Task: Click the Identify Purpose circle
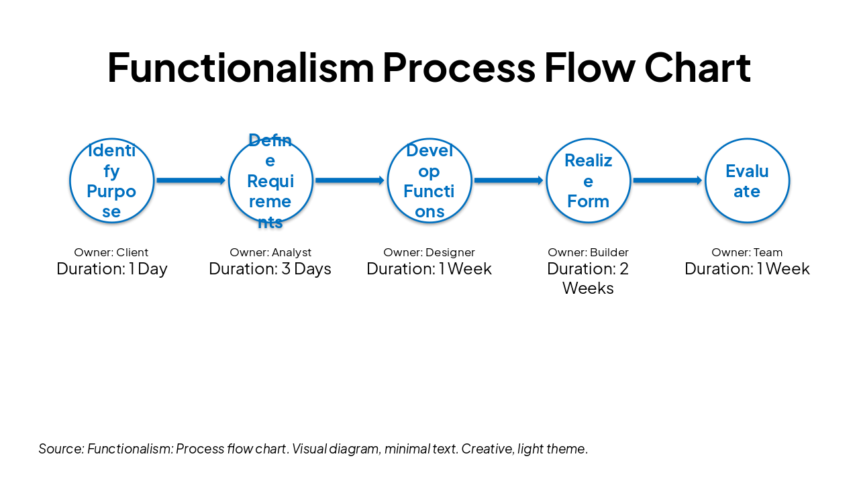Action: (112, 180)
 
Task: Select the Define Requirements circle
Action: (270, 180)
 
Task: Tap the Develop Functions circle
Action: (429, 180)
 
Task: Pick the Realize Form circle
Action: (589, 180)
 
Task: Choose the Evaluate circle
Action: (747, 180)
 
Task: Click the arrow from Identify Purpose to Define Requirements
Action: (191, 180)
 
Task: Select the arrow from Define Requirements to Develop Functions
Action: (350, 180)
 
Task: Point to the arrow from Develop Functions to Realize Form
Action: (509, 180)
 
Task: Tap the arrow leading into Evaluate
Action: (667, 180)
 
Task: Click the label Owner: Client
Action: (111, 253)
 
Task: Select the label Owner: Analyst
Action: (270, 253)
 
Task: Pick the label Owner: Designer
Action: (429, 253)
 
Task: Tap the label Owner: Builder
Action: (588, 253)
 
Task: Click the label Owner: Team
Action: (747, 253)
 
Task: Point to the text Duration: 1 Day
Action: (112, 269)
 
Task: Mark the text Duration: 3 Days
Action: (270, 269)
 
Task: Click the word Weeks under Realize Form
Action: (588, 288)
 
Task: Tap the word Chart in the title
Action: (697, 67)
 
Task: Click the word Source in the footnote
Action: (60, 449)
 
